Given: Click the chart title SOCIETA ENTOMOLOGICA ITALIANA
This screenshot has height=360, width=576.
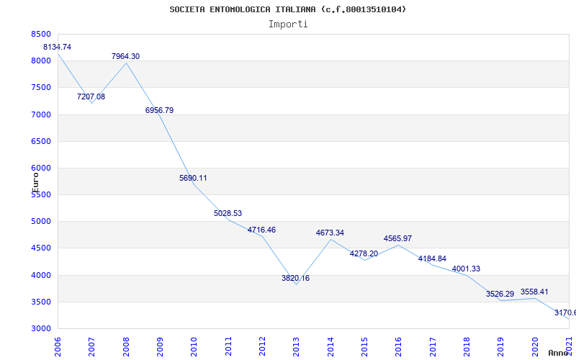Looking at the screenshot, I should click(288, 9).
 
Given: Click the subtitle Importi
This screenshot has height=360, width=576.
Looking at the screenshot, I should click(288, 24).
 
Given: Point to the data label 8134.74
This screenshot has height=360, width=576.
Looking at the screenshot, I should click(58, 47).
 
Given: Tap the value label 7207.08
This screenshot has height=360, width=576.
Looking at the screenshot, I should click(91, 96).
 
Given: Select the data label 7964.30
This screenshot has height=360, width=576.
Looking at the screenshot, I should click(125, 56).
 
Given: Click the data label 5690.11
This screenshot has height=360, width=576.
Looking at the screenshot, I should click(193, 178).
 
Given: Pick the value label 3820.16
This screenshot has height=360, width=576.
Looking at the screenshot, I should click(295, 278).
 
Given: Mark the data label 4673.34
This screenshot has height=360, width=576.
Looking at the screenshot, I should click(330, 233).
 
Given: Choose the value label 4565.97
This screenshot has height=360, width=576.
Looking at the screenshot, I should click(397, 238).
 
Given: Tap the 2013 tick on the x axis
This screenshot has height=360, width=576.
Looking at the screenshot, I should click(297, 345).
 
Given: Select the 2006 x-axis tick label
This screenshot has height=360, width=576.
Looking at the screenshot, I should click(58, 345).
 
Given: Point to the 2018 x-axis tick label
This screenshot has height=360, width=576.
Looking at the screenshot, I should click(467, 345).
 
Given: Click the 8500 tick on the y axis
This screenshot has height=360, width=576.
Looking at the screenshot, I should click(42, 34).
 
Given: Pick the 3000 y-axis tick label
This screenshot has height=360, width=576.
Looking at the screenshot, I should click(42, 328).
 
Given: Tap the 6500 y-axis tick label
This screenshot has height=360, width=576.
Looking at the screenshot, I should click(42, 141).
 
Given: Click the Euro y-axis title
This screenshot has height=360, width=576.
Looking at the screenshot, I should click(35, 181).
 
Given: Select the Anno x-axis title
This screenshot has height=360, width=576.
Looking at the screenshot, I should click(559, 353).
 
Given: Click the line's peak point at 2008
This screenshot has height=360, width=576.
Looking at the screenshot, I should click(126, 63).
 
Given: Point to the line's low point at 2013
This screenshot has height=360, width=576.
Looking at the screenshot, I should click(296, 284).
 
